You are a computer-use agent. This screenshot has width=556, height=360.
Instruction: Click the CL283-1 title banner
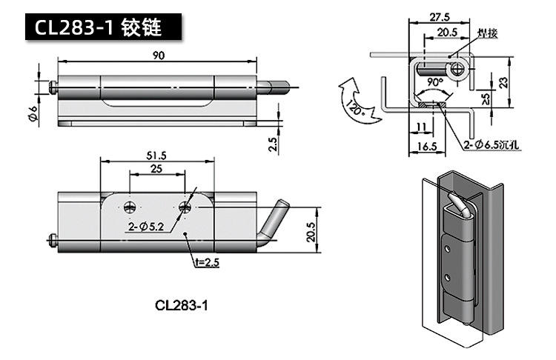coord(103,27)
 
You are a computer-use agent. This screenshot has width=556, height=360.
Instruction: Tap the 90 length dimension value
coord(159,56)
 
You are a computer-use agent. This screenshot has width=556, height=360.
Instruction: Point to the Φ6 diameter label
coord(33,114)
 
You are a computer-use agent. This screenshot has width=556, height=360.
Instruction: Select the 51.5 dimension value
coord(156,156)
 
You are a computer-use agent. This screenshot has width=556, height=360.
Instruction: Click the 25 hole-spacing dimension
coord(156,169)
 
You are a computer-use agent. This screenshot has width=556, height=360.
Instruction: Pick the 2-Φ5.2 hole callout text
coord(146,227)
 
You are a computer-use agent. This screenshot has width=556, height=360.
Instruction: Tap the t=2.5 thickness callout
coord(207,262)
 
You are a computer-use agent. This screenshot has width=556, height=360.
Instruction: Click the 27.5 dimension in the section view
coord(440,16)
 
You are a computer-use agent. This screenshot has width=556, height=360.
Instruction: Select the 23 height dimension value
coord(504,82)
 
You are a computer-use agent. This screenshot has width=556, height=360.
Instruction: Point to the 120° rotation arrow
coord(357,101)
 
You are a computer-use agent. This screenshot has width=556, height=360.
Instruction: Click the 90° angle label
coord(434,82)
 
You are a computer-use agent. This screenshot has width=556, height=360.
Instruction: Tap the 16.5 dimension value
coord(426,147)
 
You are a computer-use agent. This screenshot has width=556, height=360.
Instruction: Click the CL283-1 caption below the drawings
coord(181,305)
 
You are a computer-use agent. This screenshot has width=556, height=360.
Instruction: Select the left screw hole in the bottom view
coord(130,207)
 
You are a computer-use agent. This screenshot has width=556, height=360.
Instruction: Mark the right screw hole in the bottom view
coord(185,207)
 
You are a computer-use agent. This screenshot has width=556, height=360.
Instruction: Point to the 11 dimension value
coord(421,127)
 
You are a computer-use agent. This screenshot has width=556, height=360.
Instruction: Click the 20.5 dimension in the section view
coord(447,33)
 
